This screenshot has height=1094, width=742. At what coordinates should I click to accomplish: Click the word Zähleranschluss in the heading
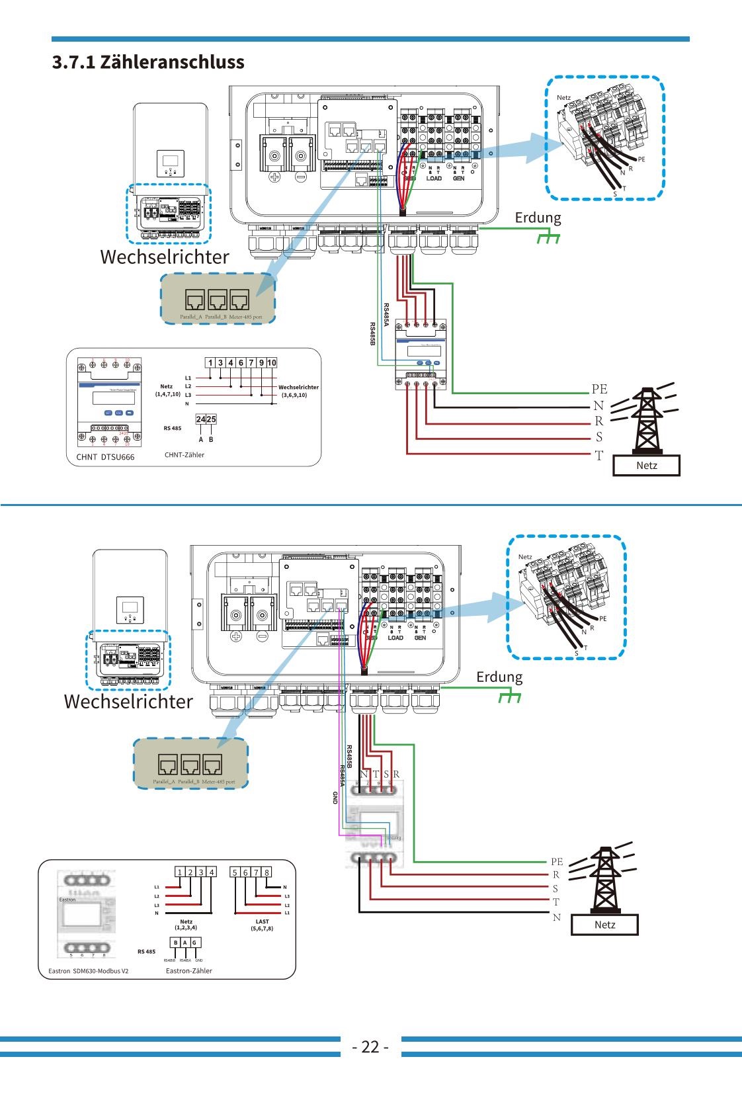[x=172, y=62]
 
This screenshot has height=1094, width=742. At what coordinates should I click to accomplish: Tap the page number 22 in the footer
[x=370, y=1046]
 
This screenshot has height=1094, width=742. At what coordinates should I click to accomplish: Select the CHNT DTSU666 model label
[x=105, y=457]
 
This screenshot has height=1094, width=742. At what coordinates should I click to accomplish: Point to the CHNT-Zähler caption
[x=185, y=455]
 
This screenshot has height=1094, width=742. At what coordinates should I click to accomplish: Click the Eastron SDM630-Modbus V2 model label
[x=89, y=971]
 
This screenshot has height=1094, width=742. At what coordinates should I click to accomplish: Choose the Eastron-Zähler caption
[x=189, y=971]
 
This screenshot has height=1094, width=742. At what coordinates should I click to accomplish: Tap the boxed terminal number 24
[x=200, y=419]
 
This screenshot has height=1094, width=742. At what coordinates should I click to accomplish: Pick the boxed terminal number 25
[x=211, y=419]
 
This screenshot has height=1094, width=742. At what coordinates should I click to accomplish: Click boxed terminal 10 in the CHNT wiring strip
[x=272, y=362]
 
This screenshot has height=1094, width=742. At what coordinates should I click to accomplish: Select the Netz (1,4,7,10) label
[x=167, y=390]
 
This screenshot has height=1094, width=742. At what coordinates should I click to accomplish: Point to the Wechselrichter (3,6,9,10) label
[x=298, y=391]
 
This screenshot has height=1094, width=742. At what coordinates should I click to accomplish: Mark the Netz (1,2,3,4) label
[x=186, y=925]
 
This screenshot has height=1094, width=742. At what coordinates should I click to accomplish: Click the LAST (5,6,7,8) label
[x=262, y=925]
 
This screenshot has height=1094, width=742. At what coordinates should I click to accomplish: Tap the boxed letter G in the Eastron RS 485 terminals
[x=194, y=943]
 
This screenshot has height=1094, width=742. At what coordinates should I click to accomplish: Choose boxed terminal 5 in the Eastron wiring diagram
[x=235, y=872]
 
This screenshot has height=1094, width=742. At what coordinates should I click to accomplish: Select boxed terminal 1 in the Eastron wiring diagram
[x=180, y=872]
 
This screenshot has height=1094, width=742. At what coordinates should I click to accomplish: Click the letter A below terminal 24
[x=201, y=439]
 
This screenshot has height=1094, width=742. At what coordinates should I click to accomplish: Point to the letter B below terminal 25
[x=211, y=439]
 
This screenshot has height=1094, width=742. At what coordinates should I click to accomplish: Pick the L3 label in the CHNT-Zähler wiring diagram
[x=188, y=395]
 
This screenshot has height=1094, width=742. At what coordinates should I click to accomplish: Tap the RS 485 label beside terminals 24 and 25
[x=172, y=428]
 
